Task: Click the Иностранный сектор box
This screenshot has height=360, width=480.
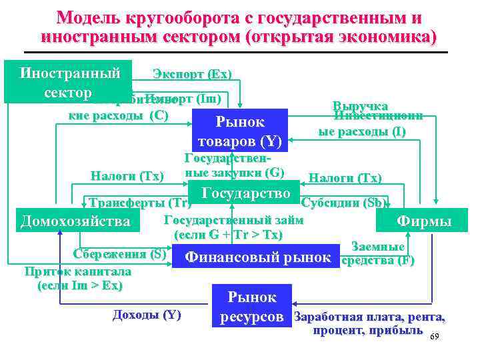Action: point(70,82)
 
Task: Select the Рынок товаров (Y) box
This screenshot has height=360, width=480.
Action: point(239,131)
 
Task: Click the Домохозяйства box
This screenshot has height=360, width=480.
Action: point(75,220)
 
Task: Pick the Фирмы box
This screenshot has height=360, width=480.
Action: point(423,221)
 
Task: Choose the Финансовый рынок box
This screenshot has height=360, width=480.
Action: point(257,257)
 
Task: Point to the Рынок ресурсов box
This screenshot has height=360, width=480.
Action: point(251,305)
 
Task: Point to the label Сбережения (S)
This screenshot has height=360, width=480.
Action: point(119,254)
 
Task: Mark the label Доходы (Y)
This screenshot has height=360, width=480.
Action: point(147,315)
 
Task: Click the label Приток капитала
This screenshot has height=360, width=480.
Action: point(77,272)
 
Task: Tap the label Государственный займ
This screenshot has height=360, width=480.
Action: point(233,221)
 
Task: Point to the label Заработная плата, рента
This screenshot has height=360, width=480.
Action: point(370,317)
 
